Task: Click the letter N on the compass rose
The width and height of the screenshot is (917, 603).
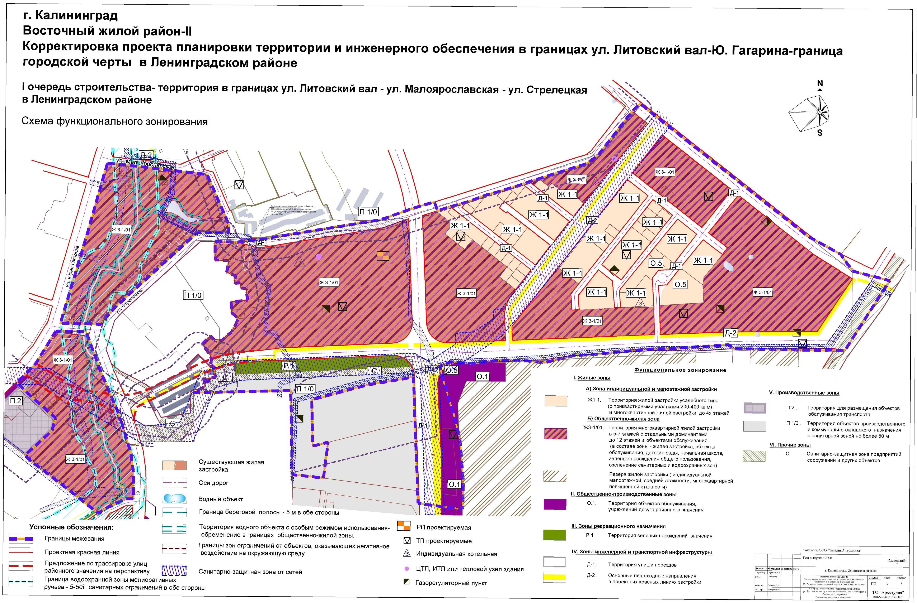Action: click(820, 83)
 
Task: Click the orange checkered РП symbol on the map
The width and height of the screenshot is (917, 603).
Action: click(383, 256)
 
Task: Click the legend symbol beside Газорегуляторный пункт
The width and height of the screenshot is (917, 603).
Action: click(406, 582)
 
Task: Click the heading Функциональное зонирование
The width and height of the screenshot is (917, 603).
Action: click(680, 370)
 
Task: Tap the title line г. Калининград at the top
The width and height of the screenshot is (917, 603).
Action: click(71, 16)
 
